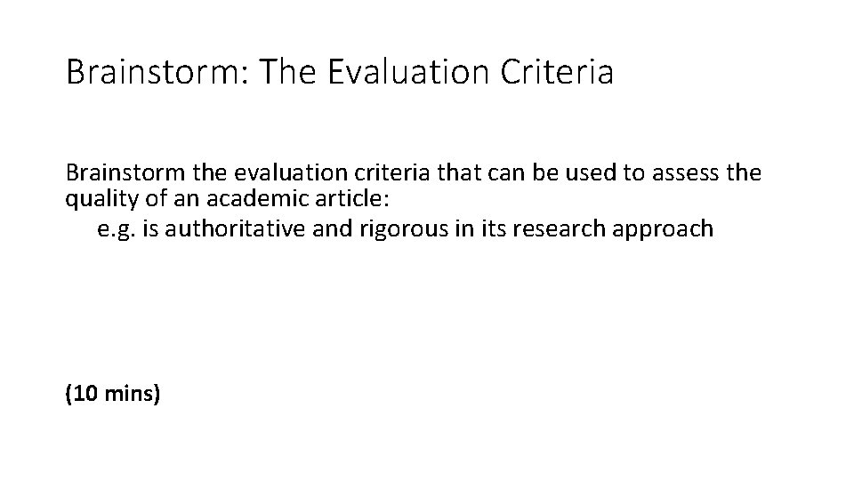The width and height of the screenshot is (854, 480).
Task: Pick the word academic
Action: click(230, 198)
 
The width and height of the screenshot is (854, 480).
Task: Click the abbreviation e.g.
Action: click(115, 228)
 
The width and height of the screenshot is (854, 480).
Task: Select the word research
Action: click(573, 228)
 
